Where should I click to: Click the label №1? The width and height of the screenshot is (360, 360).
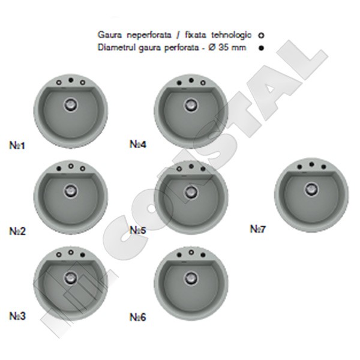(x=17, y=145)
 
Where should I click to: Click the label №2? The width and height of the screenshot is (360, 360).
(x=17, y=231)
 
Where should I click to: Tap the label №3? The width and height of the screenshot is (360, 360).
(x=17, y=316)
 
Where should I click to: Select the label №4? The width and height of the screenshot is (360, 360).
(x=138, y=144)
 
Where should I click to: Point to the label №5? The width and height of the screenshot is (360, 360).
(x=138, y=230)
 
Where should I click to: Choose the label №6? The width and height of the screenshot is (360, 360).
(x=138, y=317)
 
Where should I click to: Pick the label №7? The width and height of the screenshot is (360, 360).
(x=257, y=229)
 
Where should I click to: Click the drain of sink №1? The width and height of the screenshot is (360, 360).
(x=70, y=104)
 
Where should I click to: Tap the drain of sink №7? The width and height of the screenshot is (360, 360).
(x=311, y=190)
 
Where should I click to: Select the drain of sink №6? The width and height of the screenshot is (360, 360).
(x=191, y=278)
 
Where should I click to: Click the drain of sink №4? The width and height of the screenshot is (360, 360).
(x=191, y=105)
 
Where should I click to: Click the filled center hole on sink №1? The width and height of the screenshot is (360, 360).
(x=71, y=80)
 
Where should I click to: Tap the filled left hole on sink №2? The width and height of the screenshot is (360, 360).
(x=59, y=169)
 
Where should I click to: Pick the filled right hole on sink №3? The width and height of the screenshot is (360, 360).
(x=83, y=254)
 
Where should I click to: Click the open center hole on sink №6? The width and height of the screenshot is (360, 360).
(x=191, y=253)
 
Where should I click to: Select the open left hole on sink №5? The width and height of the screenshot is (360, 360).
(x=179, y=169)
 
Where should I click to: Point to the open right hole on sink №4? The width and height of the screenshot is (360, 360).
(x=203, y=83)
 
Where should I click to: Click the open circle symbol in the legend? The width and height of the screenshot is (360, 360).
(x=261, y=35)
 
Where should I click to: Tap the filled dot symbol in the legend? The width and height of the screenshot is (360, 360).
(x=261, y=48)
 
